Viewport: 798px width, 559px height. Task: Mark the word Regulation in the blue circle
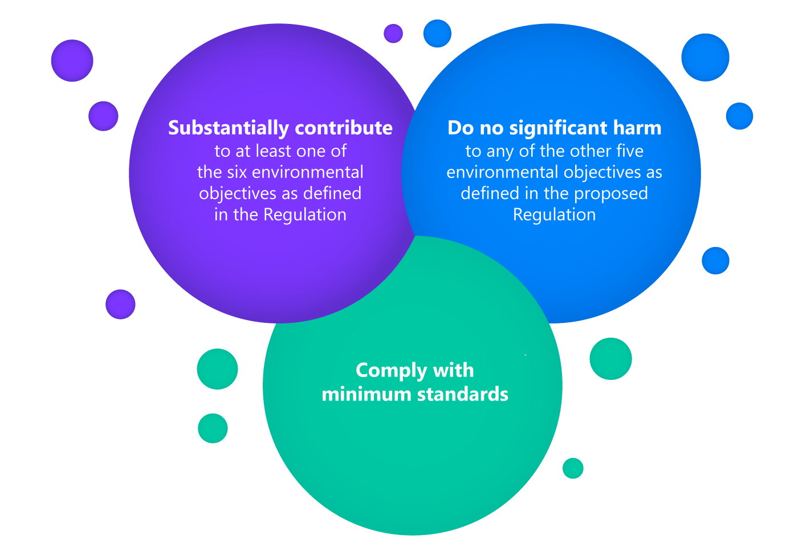coord(554,215)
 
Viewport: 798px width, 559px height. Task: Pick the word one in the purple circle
coord(312,152)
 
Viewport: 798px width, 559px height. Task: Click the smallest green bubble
coord(573,468)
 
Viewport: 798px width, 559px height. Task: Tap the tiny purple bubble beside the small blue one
coord(393,34)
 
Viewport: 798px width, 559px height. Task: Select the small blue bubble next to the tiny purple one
coord(437,34)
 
